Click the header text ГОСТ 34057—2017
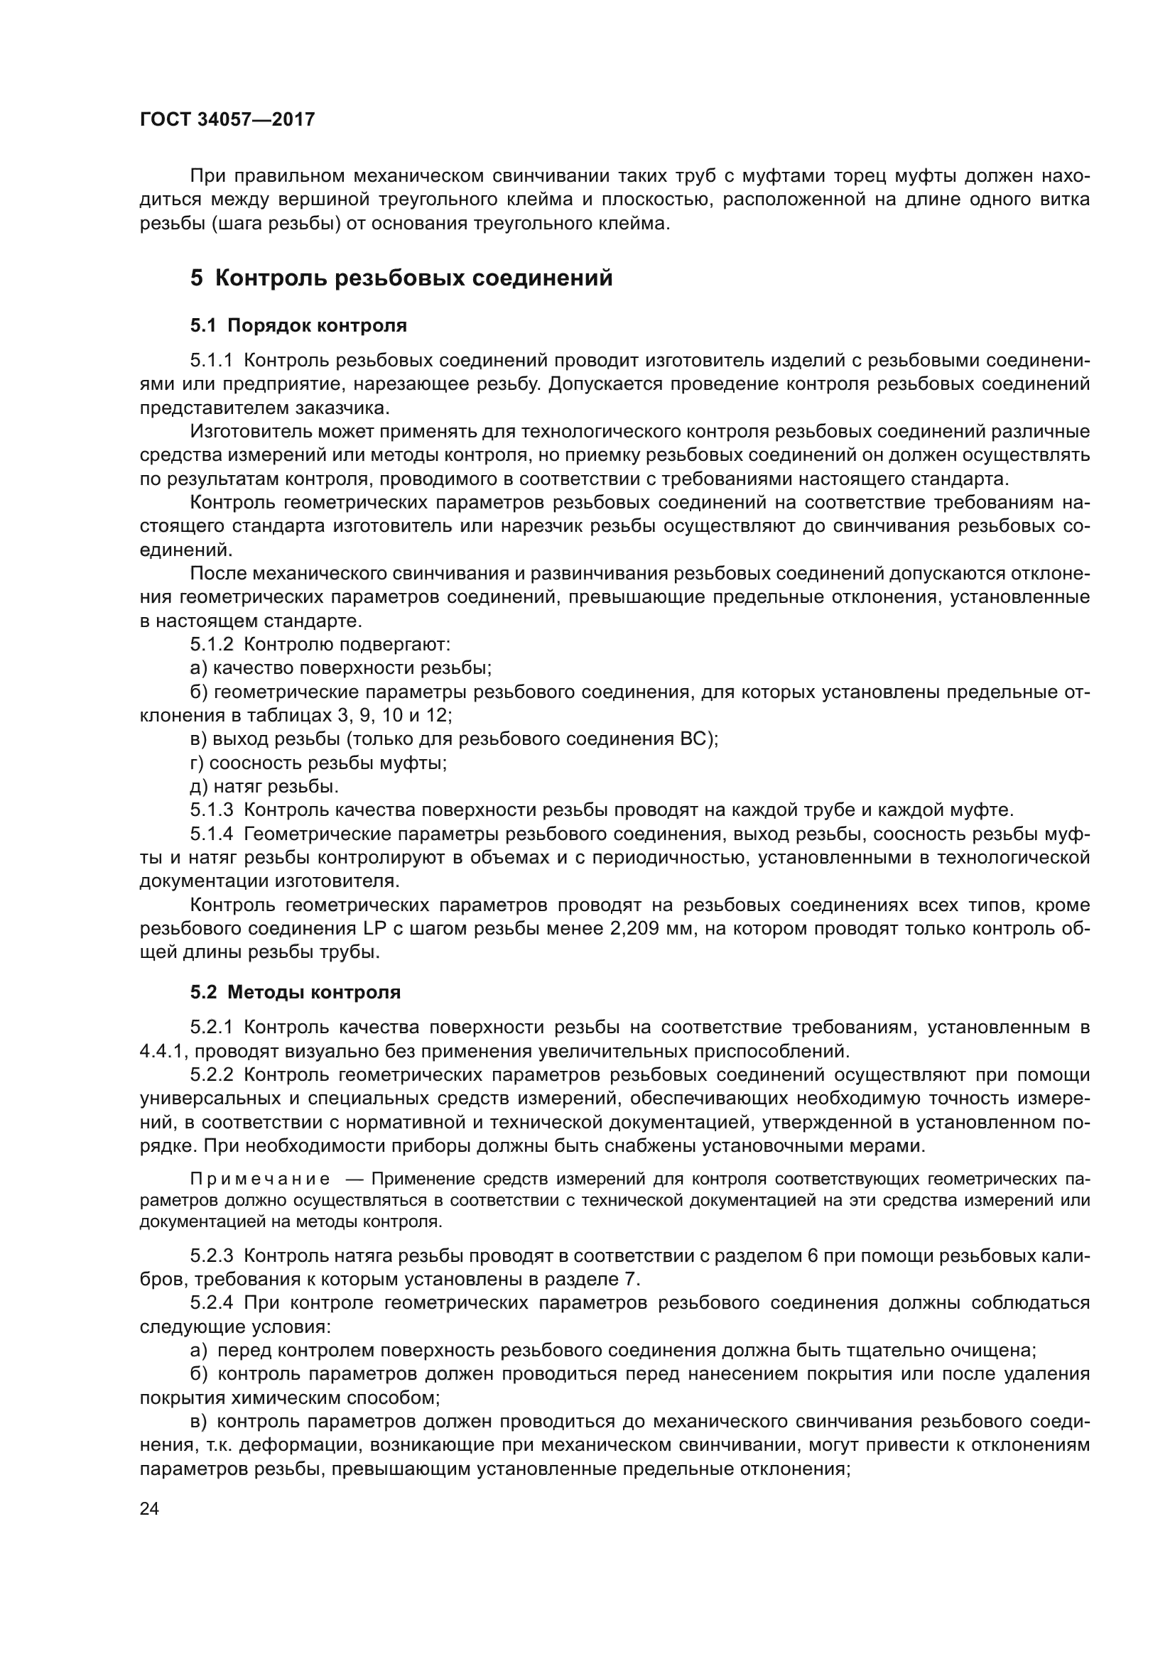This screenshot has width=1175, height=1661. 227,119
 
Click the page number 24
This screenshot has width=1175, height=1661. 149,1508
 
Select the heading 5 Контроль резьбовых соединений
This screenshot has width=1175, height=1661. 401,278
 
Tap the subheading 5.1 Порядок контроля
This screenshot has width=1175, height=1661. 298,325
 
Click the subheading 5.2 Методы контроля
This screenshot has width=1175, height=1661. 296,992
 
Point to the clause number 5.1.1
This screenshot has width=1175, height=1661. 211,360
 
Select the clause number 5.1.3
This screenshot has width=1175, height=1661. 211,810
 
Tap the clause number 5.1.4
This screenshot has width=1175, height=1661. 211,834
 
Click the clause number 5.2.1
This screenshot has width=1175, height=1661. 211,1027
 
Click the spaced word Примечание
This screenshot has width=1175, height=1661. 261,1180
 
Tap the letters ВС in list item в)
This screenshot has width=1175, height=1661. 695,739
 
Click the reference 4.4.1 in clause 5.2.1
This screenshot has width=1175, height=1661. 163,1050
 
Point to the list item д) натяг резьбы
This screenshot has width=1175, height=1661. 264,785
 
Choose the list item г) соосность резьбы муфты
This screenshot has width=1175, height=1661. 318,763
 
